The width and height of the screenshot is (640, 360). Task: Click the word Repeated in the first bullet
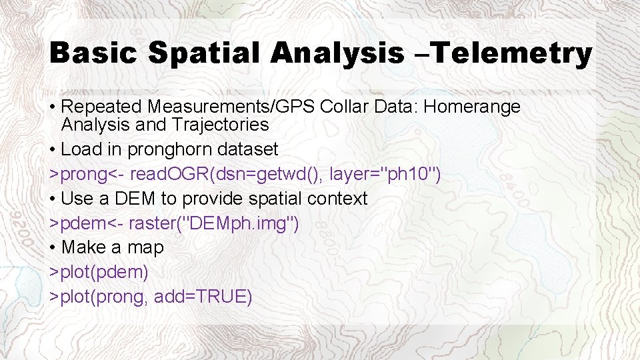pyautogui.click(x=102, y=107)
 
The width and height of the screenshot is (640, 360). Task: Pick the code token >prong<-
pyautogui.click(x=87, y=174)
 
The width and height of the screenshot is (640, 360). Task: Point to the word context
pyautogui.click(x=337, y=199)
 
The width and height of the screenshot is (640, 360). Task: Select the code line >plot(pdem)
pyautogui.click(x=99, y=272)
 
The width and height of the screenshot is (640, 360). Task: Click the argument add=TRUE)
pyautogui.click(x=203, y=297)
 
